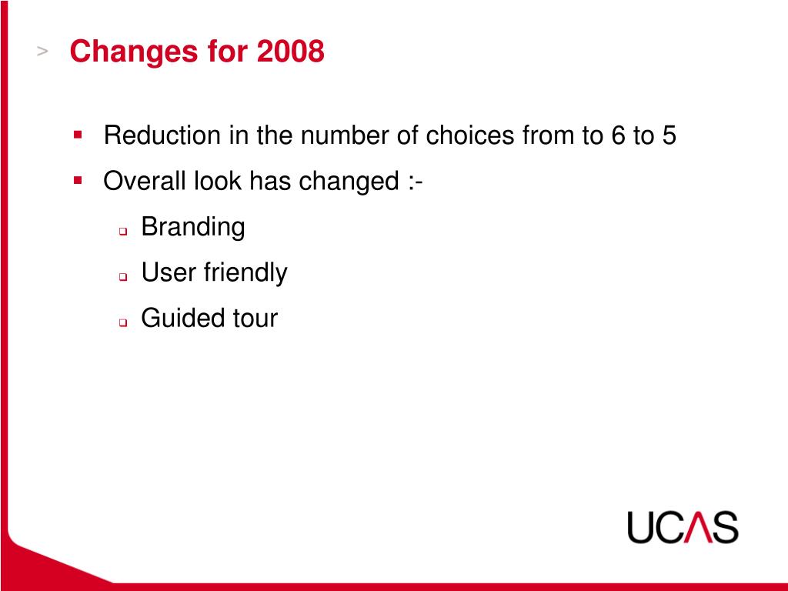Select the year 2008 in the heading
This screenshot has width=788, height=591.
[291, 52]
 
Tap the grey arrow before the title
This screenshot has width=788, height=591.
[43, 51]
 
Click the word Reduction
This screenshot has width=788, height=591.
[162, 136]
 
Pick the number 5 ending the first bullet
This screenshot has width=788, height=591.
[669, 136]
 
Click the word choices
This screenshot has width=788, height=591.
[469, 136]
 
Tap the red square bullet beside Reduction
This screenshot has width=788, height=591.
[78, 135]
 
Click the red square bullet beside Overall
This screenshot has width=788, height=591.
[78, 181]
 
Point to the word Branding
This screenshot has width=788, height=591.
[193, 227]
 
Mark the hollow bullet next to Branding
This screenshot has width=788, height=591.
[122, 231]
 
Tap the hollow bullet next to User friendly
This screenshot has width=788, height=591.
[122, 276]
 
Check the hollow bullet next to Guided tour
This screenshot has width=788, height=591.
[122, 322]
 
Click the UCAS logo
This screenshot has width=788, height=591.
[682, 528]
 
